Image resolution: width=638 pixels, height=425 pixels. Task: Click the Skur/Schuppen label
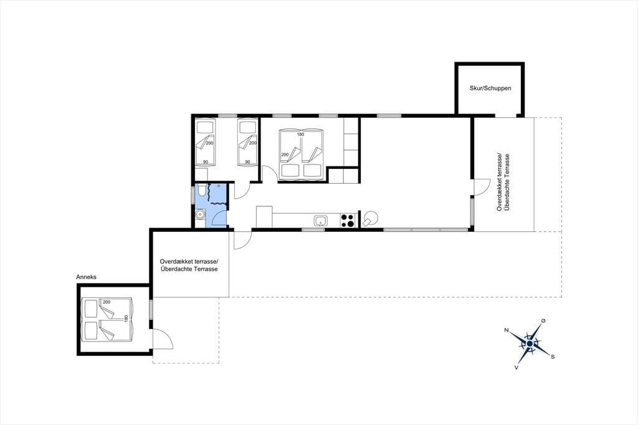[490, 88]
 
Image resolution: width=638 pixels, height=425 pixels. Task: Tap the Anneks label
[86, 277]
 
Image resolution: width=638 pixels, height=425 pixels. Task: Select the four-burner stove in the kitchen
[348, 221]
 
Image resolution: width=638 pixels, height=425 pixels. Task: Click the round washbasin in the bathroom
[200, 214]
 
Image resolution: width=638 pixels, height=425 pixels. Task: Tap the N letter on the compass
[507, 330]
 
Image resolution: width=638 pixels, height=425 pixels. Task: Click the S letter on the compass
[553, 356]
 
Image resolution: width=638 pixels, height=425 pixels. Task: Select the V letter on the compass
[517, 367]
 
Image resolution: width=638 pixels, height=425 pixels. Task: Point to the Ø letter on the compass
[543, 321]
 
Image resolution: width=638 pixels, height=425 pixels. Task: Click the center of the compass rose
[530, 344]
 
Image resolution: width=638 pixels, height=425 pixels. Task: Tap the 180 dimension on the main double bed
[301, 135]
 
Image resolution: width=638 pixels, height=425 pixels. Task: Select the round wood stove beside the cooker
[371, 218]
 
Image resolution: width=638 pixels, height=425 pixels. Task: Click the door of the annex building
[163, 339]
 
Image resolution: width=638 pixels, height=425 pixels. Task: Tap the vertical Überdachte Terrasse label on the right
[507, 182]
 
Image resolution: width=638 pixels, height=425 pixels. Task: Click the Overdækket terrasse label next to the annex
[189, 261]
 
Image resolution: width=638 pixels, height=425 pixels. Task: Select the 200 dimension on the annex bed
[107, 302]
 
